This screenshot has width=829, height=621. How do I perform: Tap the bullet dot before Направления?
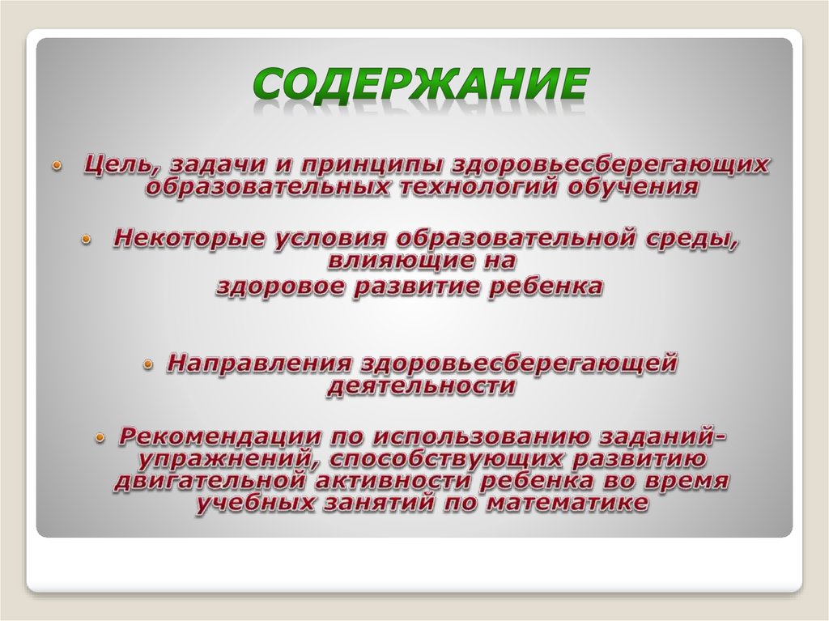(149, 364)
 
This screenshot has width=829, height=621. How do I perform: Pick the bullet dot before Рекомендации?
(99, 438)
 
